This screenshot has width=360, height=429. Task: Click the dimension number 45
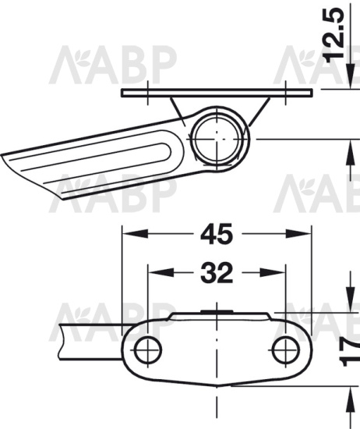point(217,234)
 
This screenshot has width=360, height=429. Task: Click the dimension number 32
point(217,273)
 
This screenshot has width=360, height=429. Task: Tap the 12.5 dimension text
point(334,34)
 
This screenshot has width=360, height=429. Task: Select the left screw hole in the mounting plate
point(148,350)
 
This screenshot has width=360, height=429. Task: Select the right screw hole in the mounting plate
point(285,350)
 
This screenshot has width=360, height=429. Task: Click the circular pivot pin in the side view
point(217,139)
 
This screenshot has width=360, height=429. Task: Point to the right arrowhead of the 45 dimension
point(298,234)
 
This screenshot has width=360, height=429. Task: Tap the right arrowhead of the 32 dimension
point(272,273)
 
